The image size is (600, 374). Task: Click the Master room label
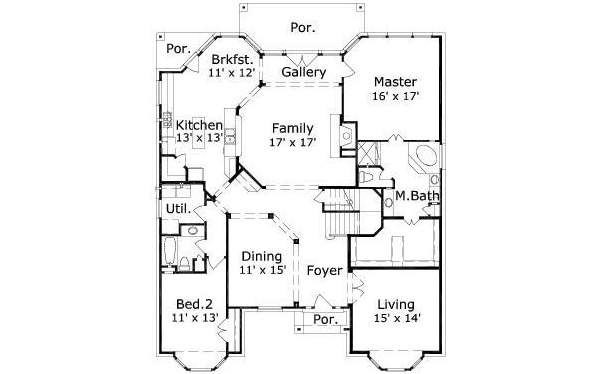point(395,81)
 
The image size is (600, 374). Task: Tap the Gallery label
point(303,73)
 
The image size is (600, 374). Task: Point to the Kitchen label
point(199,124)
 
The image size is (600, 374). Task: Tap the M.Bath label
point(412,195)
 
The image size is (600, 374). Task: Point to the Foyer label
point(324,270)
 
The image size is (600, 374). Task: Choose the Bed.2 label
point(194,303)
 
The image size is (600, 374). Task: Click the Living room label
point(398,303)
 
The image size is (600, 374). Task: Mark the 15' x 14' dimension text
point(398,318)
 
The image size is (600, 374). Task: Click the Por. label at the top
point(302,28)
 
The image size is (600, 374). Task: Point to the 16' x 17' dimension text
point(395,96)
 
